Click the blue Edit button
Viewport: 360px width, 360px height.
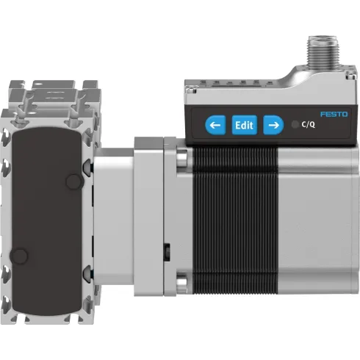click(244, 125)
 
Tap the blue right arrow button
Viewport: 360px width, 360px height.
click(273, 125)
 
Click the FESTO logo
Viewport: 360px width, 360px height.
click(334, 114)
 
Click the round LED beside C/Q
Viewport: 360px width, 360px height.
click(295, 125)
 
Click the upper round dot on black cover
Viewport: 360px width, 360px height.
click(73, 180)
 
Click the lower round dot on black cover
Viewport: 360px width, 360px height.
click(21, 255)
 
